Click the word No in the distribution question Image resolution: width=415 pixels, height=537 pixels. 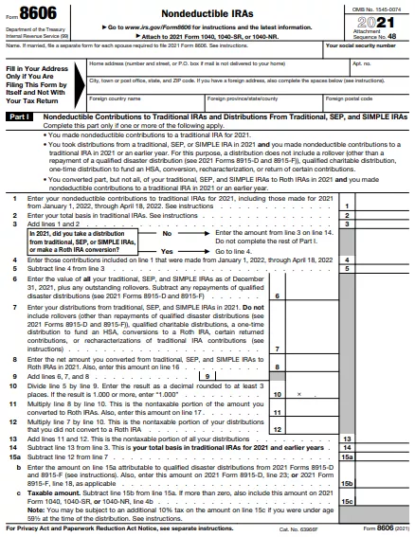167,233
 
